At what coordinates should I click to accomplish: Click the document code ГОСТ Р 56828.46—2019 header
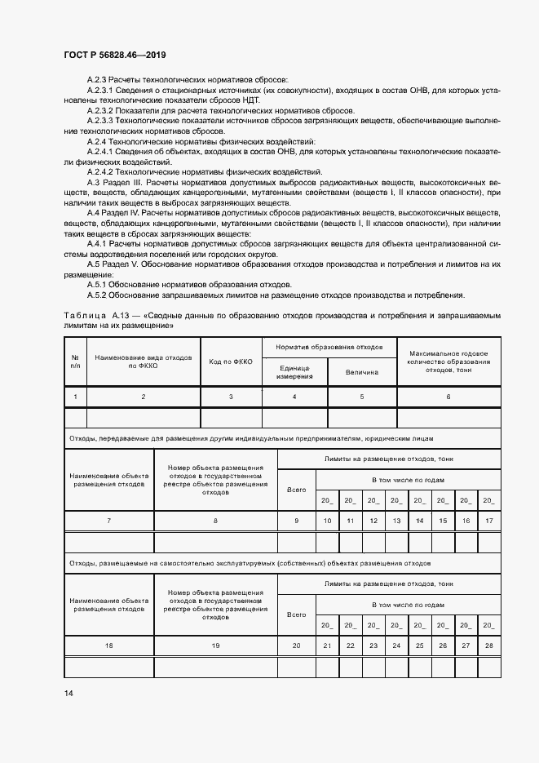114,55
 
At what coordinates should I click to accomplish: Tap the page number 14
68,693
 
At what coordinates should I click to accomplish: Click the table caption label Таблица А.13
97,314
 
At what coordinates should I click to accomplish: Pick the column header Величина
362,372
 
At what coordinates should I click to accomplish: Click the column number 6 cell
448,396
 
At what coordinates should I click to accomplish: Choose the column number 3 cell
231,396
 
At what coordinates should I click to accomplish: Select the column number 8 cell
215,521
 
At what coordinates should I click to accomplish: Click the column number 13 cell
396,521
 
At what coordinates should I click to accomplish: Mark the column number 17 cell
489,521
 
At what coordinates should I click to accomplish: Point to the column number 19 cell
215,645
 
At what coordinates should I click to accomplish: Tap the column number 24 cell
396,645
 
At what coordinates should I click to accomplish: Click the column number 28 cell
489,645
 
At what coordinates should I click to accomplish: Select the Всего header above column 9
297,490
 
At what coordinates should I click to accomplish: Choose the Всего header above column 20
297,614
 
